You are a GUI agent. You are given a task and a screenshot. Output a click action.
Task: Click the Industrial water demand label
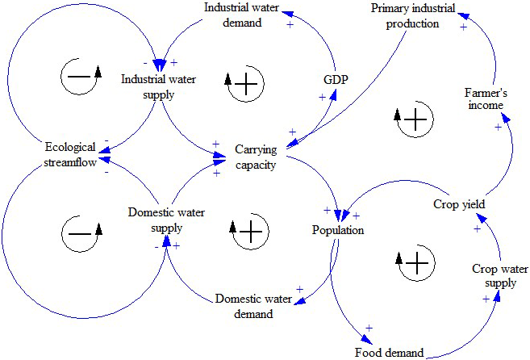point(232,15)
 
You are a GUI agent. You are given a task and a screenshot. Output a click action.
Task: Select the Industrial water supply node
point(159,86)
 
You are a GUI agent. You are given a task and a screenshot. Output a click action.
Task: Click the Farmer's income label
point(484,98)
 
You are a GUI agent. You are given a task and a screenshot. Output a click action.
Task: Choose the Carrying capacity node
point(256,157)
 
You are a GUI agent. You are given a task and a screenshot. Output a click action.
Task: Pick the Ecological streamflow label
point(71,155)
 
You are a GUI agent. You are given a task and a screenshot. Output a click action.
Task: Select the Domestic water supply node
point(166,220)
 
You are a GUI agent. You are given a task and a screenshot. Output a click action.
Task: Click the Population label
point(338,231)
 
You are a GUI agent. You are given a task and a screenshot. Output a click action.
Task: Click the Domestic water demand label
point(254,306)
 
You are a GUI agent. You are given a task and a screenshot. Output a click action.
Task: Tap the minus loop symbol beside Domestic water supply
point(81,233)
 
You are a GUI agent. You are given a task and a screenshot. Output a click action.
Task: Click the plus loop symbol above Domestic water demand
point(250,232)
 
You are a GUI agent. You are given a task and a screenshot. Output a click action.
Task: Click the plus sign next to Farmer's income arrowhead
point(498,127)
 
